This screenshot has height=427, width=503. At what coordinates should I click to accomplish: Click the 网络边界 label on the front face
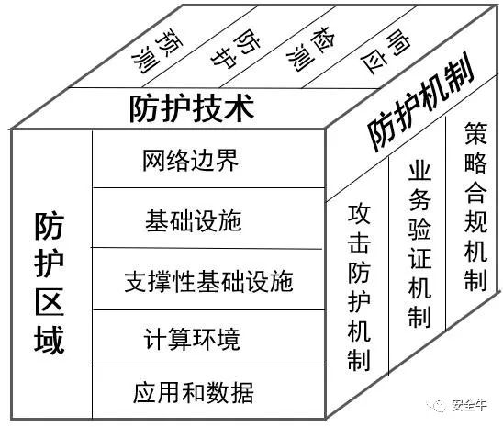[x=191, y=160]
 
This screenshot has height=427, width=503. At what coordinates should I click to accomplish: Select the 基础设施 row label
[x=193, y=220]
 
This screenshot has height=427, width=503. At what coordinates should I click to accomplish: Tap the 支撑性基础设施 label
[x=209, y=281]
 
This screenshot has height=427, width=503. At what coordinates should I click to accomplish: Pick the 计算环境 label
[x=192, y=339]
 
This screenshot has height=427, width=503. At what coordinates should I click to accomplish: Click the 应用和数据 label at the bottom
[x=194, y=392]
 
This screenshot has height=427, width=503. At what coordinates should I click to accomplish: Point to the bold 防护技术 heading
[x=192, y=107]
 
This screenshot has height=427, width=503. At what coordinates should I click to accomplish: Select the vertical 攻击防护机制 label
[x=359, y=287]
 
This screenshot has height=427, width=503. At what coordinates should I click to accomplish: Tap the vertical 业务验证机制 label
[x=419, y=245]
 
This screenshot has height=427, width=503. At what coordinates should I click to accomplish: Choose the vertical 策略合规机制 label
[x=476, y=207]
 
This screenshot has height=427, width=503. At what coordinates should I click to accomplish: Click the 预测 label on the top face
[x=157, y=51]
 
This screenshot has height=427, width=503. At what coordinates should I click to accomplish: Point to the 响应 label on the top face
[x=386, y=51]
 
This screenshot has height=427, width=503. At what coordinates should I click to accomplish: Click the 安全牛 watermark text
[x=469, y=405]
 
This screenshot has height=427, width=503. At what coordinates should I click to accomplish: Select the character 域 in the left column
[x=50, y=340]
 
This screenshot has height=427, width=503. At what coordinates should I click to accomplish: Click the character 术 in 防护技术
[x=240, y=107]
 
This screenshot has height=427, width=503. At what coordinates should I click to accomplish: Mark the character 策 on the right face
[x=476, y=133]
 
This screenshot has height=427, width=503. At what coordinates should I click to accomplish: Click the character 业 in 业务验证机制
[x=419, y=174]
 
